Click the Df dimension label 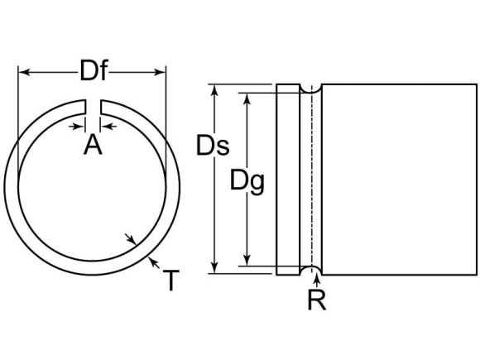(x=93, y=71)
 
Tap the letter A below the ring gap (x=93, y=146)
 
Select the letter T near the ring (x=169, y=281)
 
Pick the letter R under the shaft (x=316, y=300)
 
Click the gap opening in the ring (x=93, y=106)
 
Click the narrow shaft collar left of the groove (x=288, y=180)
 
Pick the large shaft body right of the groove (x=398, y=180)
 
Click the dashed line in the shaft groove (x=313, y=180)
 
